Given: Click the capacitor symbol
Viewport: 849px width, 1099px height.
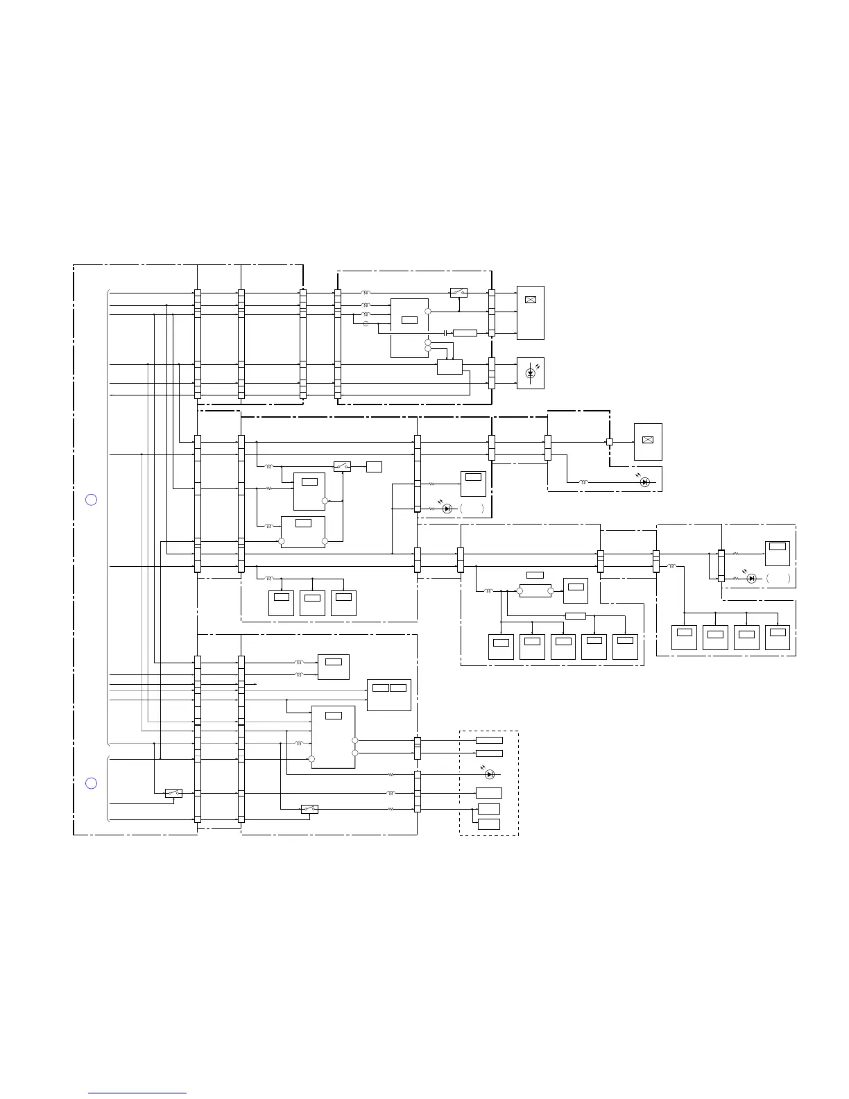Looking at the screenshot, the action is [x=444, y=333].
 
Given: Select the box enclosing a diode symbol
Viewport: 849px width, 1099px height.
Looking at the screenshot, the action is [x=531, y=373].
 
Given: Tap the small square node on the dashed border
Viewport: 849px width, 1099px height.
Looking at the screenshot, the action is [x=610, y=442].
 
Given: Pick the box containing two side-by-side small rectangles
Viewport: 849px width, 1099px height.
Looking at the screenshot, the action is [x=389, y=695].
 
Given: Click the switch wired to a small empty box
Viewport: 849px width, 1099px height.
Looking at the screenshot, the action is [x=342, y=466].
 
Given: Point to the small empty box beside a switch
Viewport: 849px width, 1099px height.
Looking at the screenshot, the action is [x=374, y=466].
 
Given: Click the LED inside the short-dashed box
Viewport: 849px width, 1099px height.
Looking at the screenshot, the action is [x=490, y=774].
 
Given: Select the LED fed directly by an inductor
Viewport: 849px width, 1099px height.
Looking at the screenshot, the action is [x=645, y=482].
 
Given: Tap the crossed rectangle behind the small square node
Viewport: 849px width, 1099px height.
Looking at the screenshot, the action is [x=648, y=441].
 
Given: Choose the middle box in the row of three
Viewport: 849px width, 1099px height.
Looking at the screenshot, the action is [x=312, y=603].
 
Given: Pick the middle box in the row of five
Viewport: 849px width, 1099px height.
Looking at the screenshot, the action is [x=563, y=647].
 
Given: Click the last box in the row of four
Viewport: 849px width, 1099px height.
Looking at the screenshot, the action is [x=778, y=637].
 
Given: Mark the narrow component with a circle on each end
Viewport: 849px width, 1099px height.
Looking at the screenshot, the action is [x=535, y=591].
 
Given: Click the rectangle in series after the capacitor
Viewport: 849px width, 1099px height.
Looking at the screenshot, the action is [x=465, y=333].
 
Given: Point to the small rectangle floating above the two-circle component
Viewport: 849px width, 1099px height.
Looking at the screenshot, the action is [x=535, y=574].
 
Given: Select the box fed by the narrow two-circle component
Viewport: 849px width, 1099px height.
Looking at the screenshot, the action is [x=576, y=590].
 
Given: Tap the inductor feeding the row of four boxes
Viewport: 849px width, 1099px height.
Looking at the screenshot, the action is [x=671, y=567].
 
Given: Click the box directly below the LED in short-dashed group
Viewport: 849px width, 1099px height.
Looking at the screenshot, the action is [x=489, y=793].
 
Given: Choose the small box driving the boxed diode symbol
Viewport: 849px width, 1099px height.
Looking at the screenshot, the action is [x=449, y=367].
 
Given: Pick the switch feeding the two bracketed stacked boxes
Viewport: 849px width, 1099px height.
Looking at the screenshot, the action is [x=309, y=809].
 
